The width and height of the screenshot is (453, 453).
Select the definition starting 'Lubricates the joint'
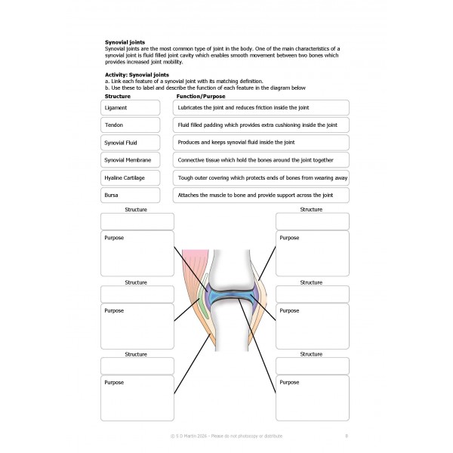(x=261, y=107)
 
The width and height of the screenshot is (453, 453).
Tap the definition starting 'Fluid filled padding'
(x=261, y=125)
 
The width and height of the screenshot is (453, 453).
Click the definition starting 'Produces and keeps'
(x=261, y=143)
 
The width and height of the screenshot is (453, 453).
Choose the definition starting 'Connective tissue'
(x=261, y=160)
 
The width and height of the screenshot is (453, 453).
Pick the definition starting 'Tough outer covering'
(x=261, y=178)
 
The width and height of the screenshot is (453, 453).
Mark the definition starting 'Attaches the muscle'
(x=261, y=196)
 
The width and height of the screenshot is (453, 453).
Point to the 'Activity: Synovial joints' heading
(x=138, y=75)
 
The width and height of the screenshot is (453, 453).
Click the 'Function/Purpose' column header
(x=198, y=97)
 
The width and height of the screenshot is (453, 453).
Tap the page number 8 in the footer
(x=346, y=436)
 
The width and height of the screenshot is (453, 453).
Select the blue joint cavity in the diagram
(x=226, y=299)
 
